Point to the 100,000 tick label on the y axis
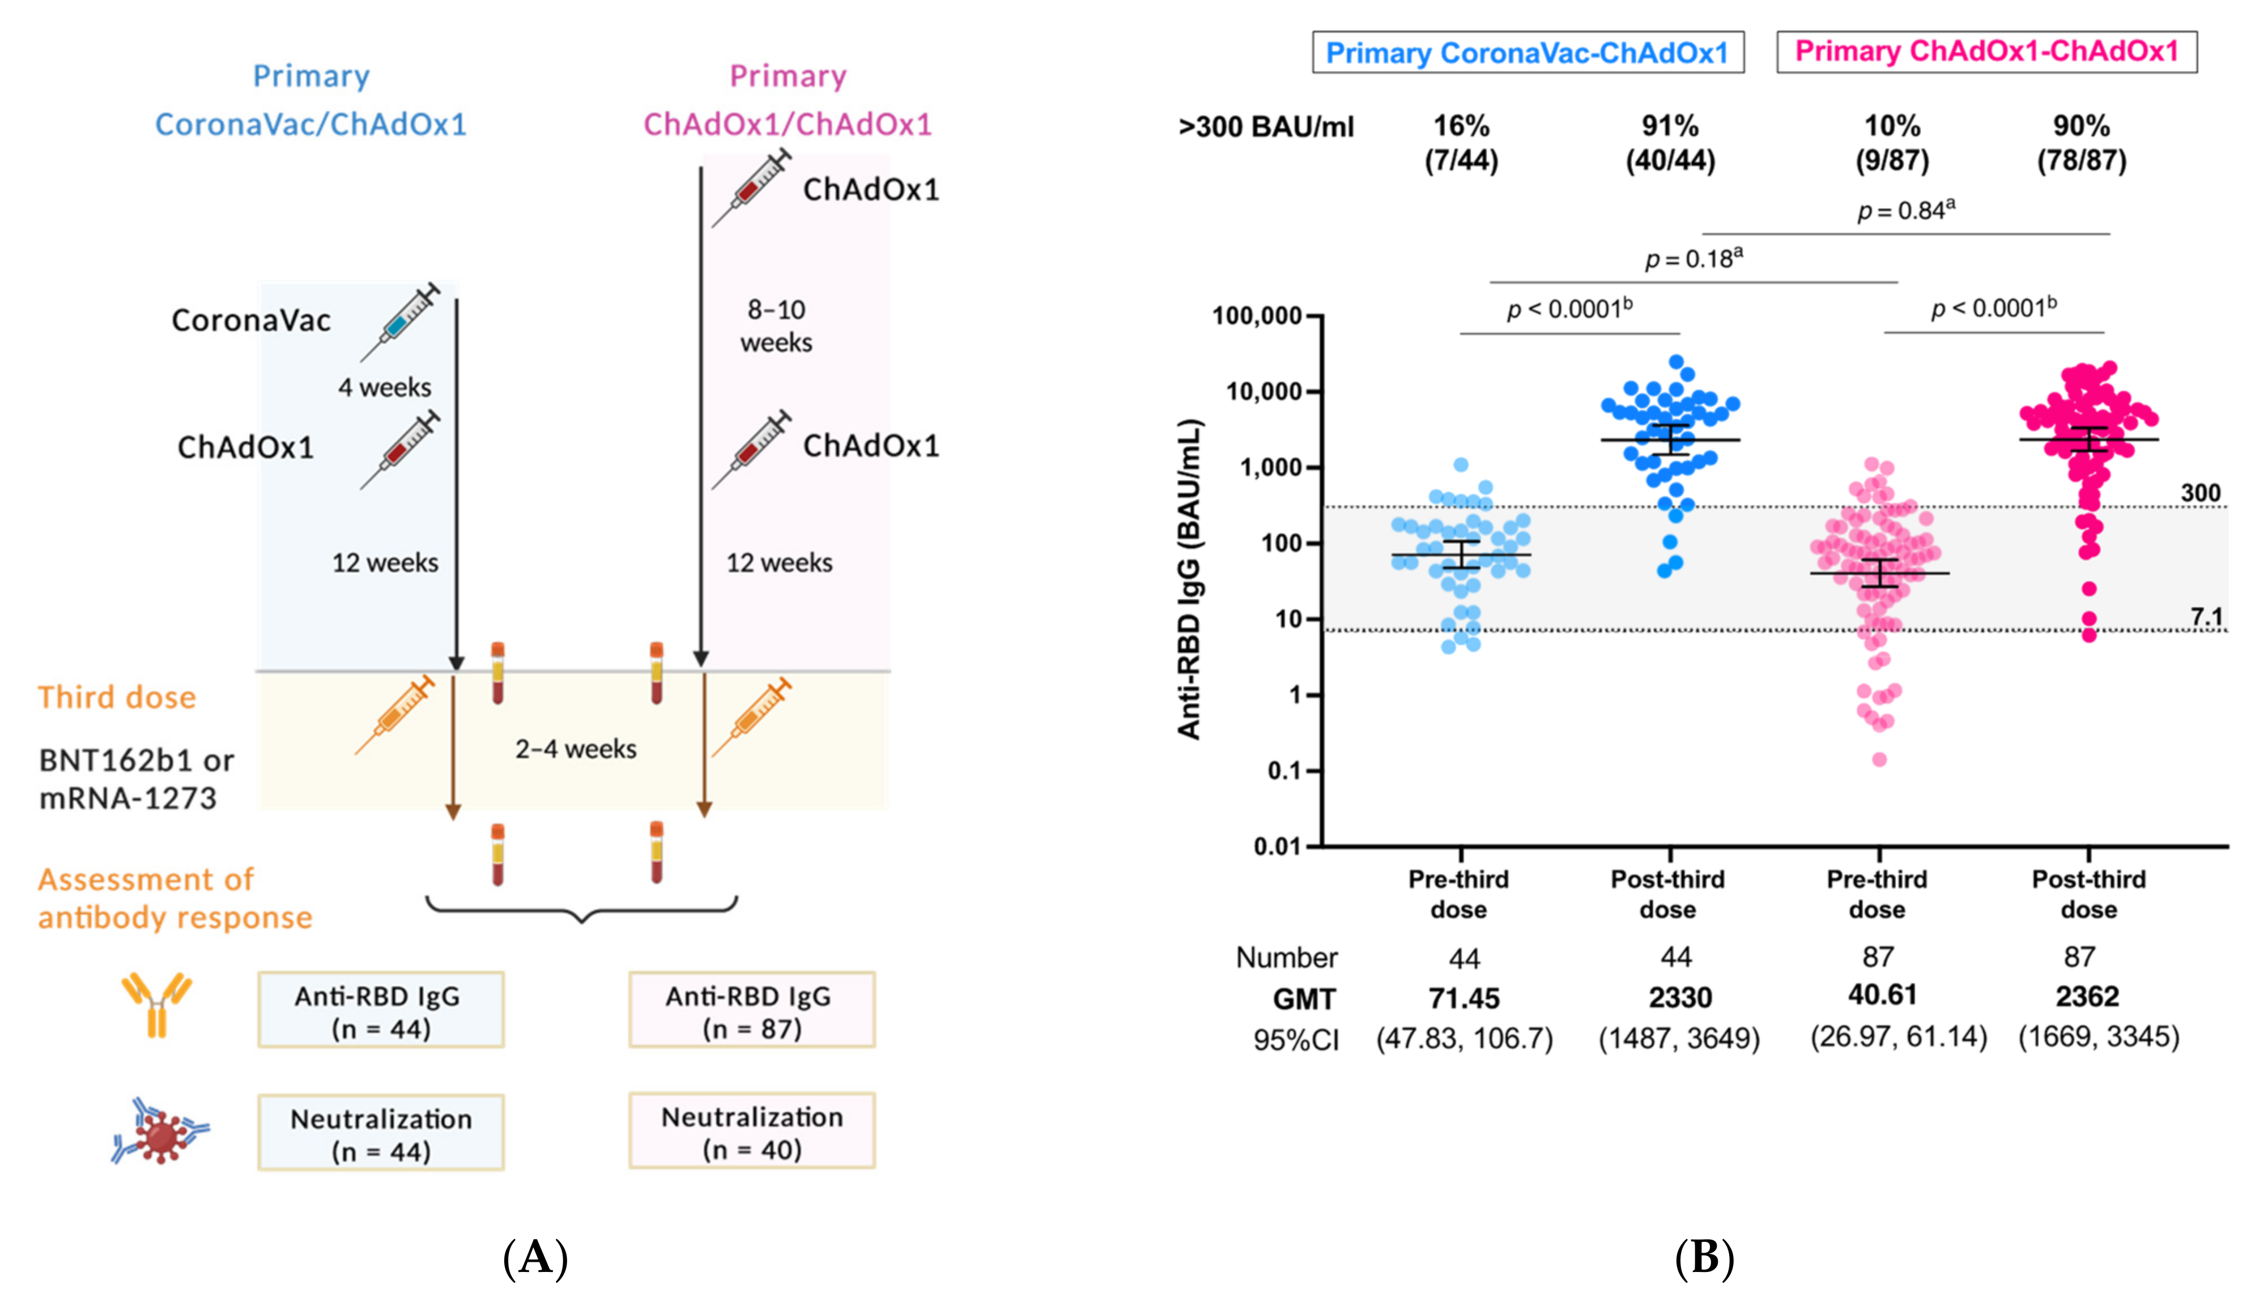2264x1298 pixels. (1257, 315)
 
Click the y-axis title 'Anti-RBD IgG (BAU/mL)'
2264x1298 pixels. (1190, 579)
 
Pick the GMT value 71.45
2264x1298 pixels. (1463, 998)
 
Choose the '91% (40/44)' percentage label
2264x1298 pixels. (1670, 143)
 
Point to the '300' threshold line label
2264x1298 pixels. (2200, 493)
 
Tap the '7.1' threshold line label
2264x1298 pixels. (2206, 616)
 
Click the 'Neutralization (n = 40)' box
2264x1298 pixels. (752, 1132)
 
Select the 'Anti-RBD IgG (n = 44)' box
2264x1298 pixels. (381, 1010)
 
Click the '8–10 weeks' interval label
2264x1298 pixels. (776, 326)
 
